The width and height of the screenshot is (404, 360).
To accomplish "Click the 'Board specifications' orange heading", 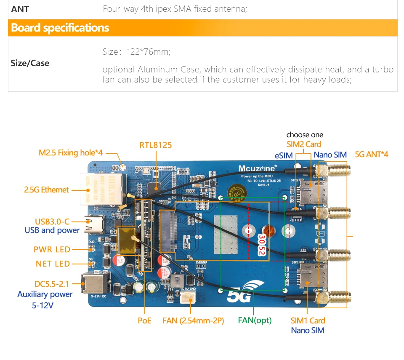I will [60, 28].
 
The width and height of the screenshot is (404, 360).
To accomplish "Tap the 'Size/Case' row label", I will [30, 63].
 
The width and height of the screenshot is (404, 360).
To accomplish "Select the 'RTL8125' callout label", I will [156, 145].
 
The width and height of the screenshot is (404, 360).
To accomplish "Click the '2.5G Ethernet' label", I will [46, 190].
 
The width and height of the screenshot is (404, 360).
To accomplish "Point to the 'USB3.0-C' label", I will [52, 221].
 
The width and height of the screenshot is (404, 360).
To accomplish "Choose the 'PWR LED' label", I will [52, 249].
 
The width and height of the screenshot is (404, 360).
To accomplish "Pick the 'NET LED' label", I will [53, 264].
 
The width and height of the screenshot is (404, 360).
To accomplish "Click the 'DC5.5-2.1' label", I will [52, 284].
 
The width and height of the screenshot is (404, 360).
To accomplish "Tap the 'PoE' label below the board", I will [144, 321].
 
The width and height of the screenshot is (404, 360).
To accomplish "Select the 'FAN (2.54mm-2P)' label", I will [193, 321].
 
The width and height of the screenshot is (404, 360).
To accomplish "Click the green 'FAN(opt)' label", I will [255, 320].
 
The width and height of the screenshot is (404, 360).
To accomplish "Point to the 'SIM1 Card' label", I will [308, 321].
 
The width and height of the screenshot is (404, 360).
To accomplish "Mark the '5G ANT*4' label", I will [372, 155].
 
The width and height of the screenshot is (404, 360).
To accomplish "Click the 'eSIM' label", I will [284, 155].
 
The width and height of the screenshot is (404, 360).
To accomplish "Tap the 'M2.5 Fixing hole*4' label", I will [71, 153].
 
